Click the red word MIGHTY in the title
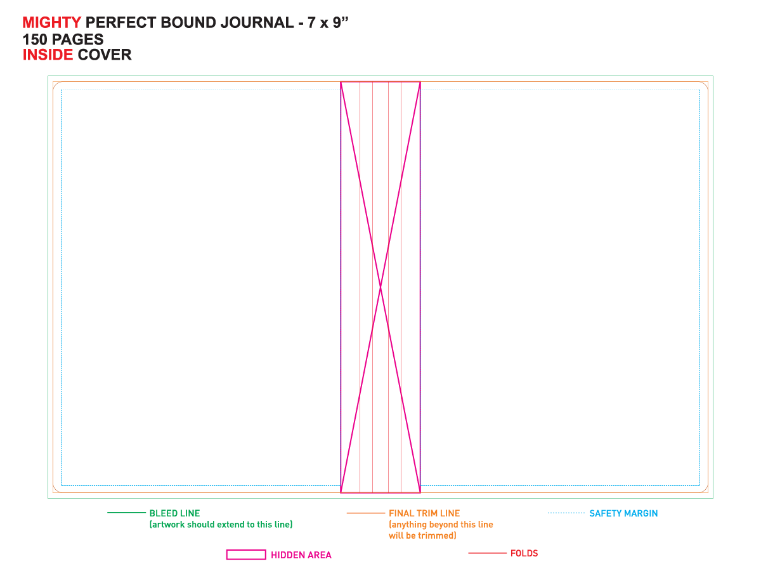[x=51, y=23]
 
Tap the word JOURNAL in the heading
[x=257, y=23]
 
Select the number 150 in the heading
[x=35, y=39]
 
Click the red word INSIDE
[x=48, y=55]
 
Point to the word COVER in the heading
[x=105, y=55]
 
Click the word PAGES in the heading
[x=77, y=39]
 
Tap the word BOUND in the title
[x=188, y=23]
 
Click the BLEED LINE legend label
[x=174, y=513]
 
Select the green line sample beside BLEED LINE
[x=126, y=513]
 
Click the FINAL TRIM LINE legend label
[x=424, y=513]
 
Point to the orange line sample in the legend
[x=365, y=513]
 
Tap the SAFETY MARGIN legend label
[x=623, y=513]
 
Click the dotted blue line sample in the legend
[x=566, y=513]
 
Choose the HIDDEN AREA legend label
[x=301, y=555]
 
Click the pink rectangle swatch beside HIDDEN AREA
[x=246, y=555]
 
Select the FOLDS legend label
[x=524, y=553]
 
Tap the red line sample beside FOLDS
[x=487, y=553]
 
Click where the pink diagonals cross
[x=380, y=287]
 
